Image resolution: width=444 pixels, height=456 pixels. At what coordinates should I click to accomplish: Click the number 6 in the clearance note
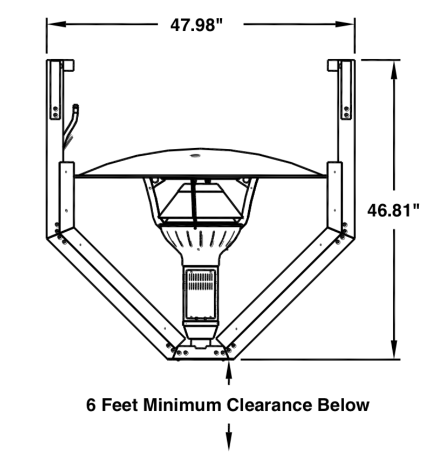[91, 404]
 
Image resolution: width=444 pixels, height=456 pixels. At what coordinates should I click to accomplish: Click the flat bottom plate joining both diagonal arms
[200, 353]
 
